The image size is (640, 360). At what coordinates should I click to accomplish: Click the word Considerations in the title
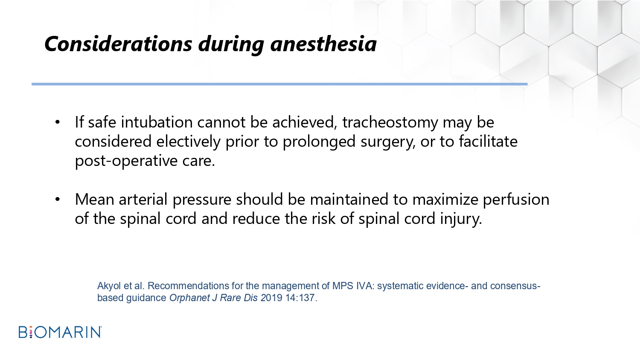118,44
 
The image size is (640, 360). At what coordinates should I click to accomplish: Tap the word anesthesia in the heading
323,44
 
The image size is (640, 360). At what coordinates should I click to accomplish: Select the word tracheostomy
390,123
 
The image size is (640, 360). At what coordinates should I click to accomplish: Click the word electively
188,142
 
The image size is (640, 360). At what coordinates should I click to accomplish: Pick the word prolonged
319,142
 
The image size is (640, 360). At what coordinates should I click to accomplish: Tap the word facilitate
488,141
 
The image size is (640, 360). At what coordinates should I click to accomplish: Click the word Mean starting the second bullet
95,200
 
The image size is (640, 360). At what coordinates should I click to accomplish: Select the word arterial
143,199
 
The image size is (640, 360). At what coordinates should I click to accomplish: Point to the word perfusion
516,200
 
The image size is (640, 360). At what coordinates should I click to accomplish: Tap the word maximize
445,200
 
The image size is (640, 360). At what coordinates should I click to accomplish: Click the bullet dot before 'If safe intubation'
58,122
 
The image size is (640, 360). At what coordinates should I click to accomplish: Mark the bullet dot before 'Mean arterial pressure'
58,200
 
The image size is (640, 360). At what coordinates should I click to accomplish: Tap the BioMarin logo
60,332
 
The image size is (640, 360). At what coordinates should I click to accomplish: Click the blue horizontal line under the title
279,84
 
